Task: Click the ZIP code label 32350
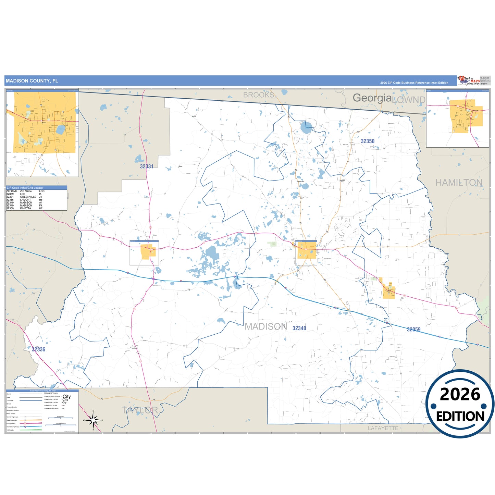point(368,141)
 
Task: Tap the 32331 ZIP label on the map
point(147,166)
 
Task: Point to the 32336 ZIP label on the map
point(38,349)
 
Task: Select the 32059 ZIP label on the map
point(413,330)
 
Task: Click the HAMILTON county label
point(459,183)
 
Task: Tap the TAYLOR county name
point(140,410)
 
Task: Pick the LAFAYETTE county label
point(383,428)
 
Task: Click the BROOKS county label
point(259,95)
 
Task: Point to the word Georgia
point(372,98)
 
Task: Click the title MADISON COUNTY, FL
point(32,81)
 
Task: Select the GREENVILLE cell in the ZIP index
point(28,197)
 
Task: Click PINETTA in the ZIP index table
point(25,208)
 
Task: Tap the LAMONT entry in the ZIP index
point(25,200)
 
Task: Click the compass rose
point(93,420)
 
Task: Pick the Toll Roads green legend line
point(31,430)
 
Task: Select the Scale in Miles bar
point(61,418)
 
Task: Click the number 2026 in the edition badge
point(460,394)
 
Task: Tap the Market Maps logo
point(469,81)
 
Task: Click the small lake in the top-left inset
point(61,129)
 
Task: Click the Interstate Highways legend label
point(13,427)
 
